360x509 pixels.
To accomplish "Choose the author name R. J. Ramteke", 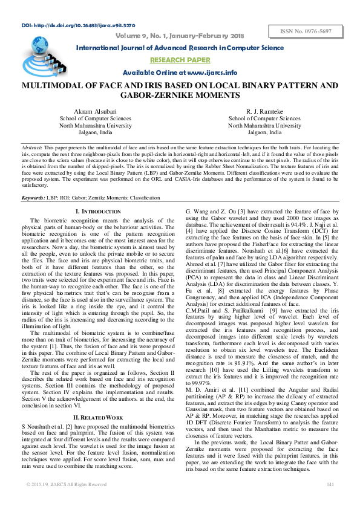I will (264, 112).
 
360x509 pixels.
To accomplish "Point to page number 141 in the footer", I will (330, 484).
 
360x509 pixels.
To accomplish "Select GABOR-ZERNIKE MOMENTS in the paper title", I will (180, 96).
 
